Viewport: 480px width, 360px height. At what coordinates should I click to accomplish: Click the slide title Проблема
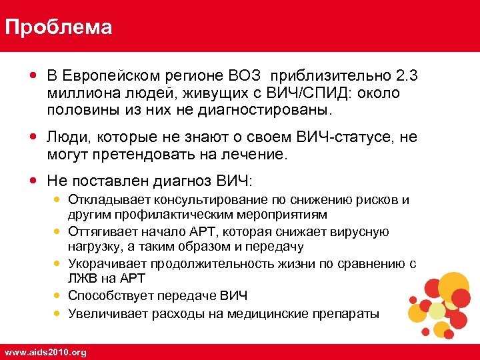[58, 27]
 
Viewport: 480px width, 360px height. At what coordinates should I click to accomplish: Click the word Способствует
[111, 295]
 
